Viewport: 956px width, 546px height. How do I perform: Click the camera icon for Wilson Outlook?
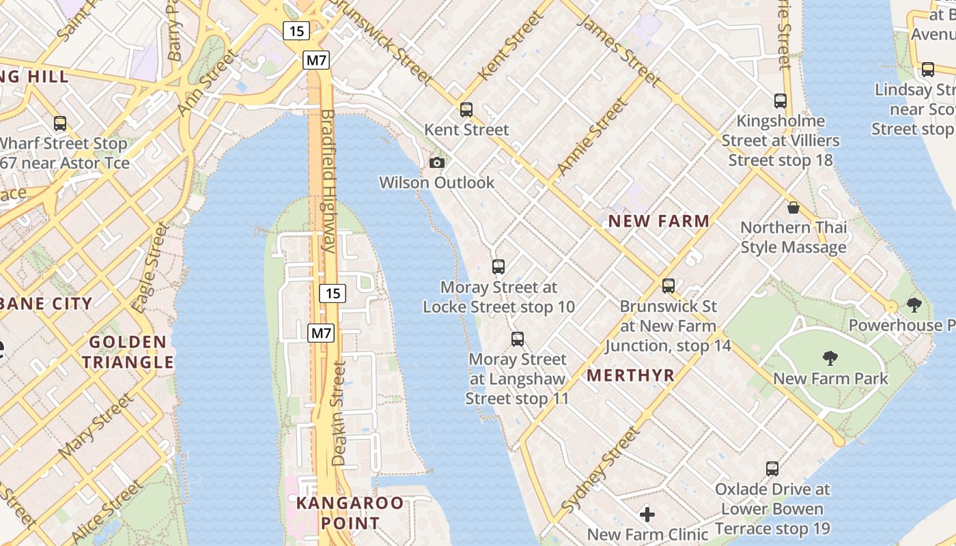coord(437,162)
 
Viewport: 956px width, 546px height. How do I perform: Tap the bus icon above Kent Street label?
coord(466,109)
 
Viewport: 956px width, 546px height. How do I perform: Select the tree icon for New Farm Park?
coord(830,358)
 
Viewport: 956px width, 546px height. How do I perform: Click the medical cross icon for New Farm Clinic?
coord(647,514)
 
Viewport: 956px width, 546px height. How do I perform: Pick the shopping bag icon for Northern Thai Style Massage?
coord(793,207)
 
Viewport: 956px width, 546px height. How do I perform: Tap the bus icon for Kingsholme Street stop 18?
coord(781,101)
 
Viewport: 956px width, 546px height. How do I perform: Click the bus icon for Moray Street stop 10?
coord(498,267)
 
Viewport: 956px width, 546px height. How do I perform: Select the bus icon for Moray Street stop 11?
coord(518,339)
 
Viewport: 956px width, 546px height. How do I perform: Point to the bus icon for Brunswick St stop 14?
coord(669,286)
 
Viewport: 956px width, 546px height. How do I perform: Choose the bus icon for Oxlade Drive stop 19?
coord(772,469)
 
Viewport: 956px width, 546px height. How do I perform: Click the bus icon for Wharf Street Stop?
coord(60,124)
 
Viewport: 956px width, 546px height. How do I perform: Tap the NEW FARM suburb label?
coord(659,221)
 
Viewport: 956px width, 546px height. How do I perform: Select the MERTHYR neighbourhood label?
coord(630,375)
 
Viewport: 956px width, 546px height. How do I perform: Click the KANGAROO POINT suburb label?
coord(349,513)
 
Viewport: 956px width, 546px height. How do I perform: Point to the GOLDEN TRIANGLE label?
coord(128,351)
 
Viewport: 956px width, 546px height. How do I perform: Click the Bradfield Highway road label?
coord(328,181)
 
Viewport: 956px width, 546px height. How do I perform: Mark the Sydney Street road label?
coord(601,470)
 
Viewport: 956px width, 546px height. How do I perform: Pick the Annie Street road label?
coord(592,136)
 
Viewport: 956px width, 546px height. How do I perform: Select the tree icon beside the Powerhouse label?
coord(914,305)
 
